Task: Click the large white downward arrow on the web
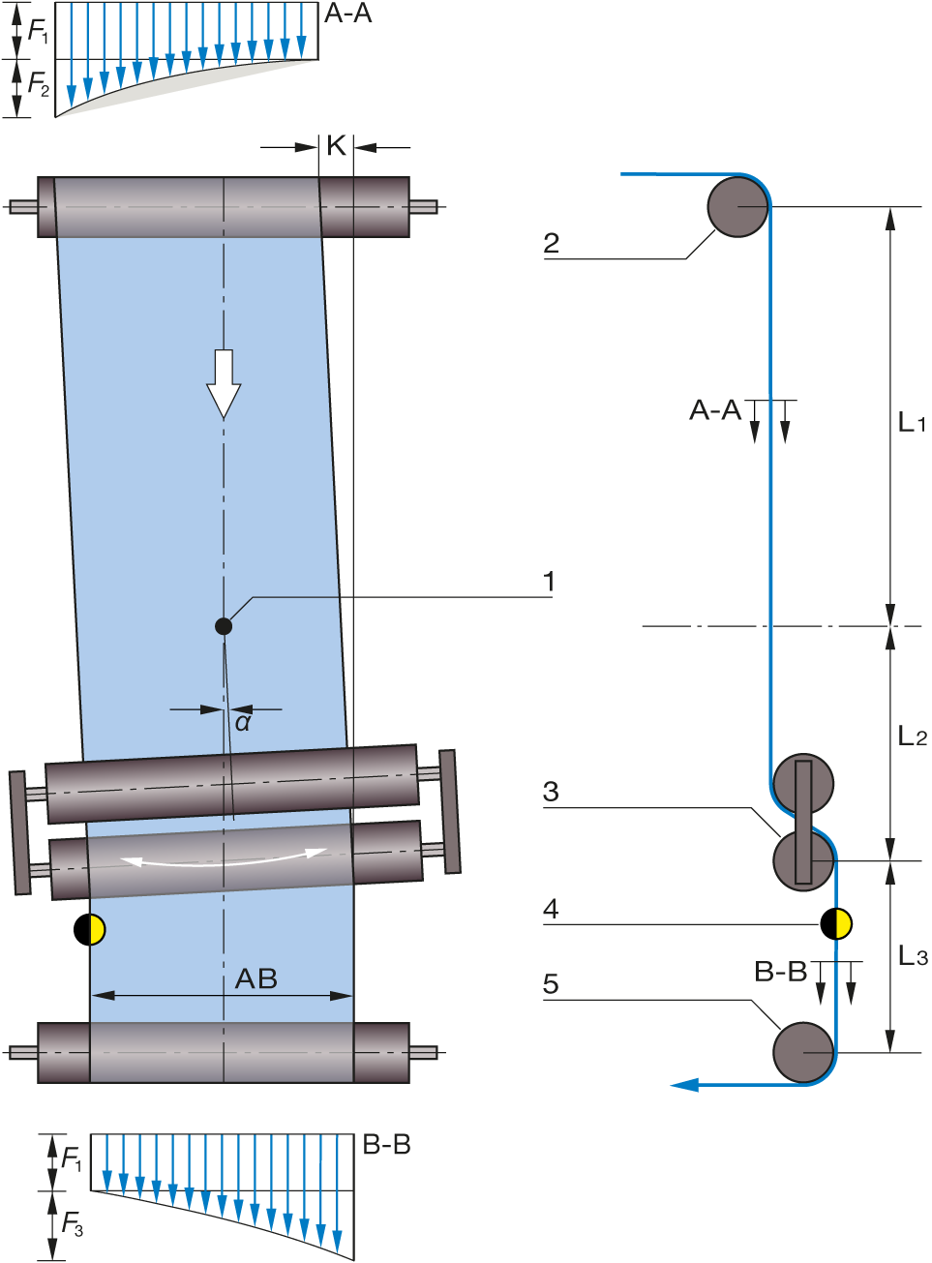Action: pyautogui.click(x=224, y=383)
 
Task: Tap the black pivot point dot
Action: pyautogui.click(x=224, y=626)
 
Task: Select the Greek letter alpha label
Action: pyautogui.click(x=242, y=722)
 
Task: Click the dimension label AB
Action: pyautogui.click(x=256, y=979)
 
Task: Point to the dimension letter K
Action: pyautogui.click(x=336, y=145)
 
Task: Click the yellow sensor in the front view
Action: pyautogui.click(x=96, y=929)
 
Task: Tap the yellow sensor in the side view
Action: pyautogui.click(x=843, y=923)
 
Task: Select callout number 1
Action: pyautogui.click(x=549, y=582)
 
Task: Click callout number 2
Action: pyautogui.click(x=552, y=242)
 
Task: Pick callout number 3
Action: pyautogui.click(x=551, y=792)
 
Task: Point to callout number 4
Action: pyautogui.click(x=551, y=909)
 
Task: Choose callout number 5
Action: pyautogui.click(x=551, y=984)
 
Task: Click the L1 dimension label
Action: pyautogui.click(x=911, y=422)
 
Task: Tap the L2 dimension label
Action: pyautogui.click(x=912, y=736)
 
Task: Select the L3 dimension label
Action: pyautogui.click(x=912, y=955)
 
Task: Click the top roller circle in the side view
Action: pyautogui.click(x=737, y=206)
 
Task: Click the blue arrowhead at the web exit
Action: pyautogui.click(x=684, y=1085)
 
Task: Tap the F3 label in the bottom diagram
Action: pyautogui.click(x=73, y=1224)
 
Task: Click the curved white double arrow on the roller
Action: pyautogui.click(x=224, y=857)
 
